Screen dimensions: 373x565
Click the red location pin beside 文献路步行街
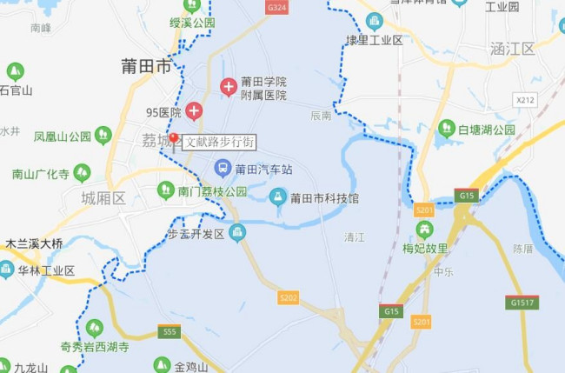point(174,139)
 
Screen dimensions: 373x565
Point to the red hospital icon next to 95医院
point(193,110)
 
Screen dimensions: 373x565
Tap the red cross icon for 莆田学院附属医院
point(229,87)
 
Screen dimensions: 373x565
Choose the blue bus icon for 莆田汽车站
point(223,168)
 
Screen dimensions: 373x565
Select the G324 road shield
point(276,6)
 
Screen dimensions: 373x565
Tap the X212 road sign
point(525,101)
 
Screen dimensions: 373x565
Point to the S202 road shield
point(289,297)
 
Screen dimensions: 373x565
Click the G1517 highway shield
point(521,303)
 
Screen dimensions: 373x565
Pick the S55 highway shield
point(170,331)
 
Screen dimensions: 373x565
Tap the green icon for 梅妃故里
point(425,230)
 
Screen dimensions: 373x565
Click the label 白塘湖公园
point(487,130)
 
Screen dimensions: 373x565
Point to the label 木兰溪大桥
point(34,243)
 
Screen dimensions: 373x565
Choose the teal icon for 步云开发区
point(236,231)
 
